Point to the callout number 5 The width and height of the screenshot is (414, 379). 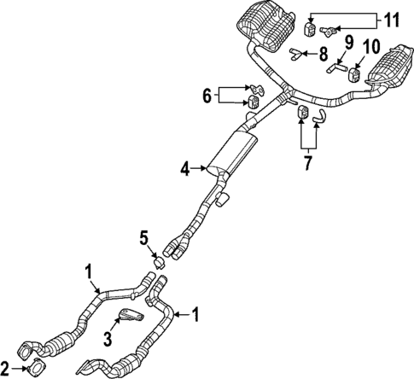(x=143, y=237)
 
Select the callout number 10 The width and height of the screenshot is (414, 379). (x=371, y=46)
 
